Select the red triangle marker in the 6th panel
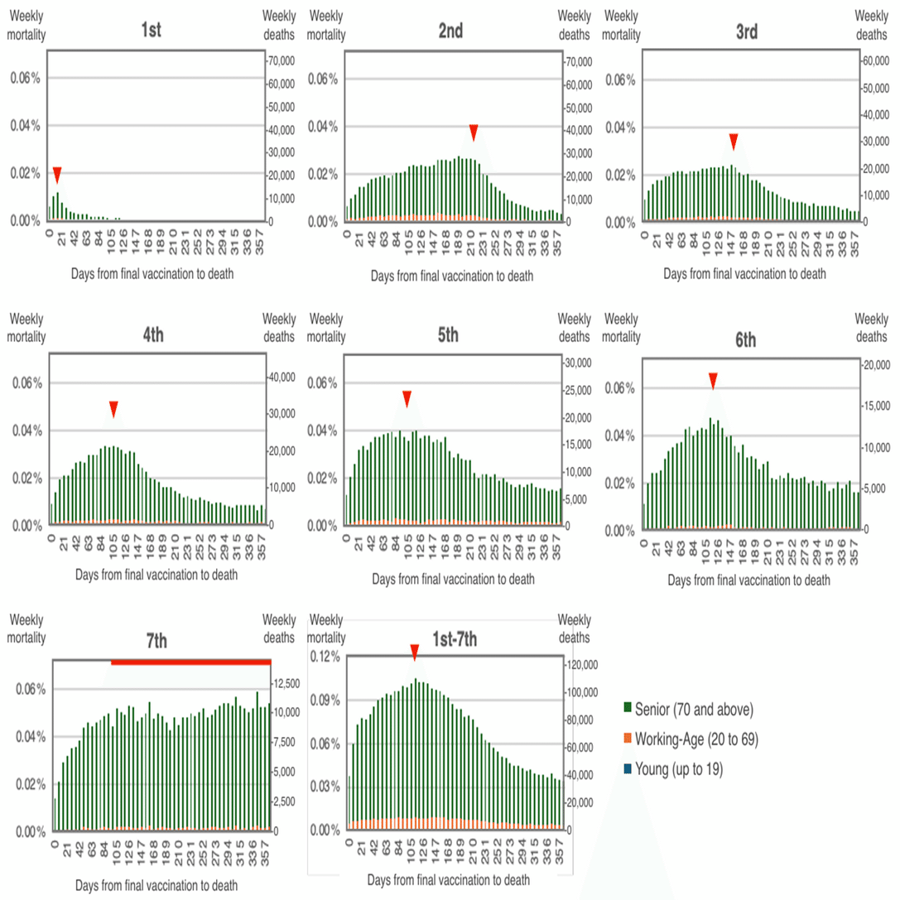(713, 380)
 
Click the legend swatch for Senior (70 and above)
(628, 708)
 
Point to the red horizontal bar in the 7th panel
(190, 662)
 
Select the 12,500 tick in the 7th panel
(286, 684)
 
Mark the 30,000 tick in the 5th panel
(577, 363)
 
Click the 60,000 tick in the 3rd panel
(874, 61)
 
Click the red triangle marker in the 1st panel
(57, 174)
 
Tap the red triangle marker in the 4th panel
(113, 409)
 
